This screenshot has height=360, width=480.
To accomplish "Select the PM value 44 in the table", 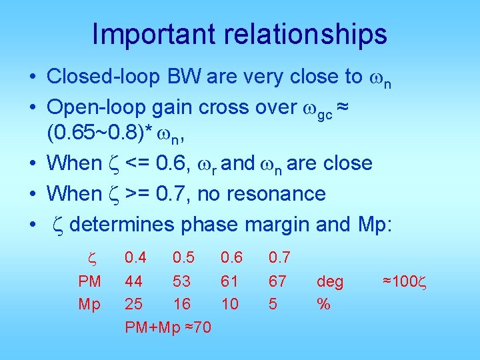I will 134,281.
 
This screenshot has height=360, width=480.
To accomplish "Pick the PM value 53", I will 182,281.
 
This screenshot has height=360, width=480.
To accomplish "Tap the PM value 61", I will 230,281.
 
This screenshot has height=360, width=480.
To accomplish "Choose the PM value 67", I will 277,281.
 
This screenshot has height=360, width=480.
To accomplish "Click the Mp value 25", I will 134,304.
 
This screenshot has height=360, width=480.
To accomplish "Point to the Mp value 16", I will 181,304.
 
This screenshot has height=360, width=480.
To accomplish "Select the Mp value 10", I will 230,304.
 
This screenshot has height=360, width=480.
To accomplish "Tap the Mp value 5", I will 273,304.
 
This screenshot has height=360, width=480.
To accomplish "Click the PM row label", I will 89,281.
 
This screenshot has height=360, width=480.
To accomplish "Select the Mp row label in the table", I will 89,304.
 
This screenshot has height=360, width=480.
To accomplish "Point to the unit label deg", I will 330,281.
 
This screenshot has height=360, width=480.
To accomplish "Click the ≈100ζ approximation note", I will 403,281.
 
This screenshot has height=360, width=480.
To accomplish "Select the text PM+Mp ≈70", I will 168,327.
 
